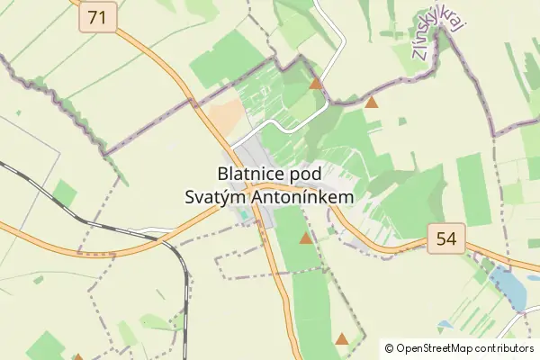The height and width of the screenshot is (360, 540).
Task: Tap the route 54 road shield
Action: tap(445, 238)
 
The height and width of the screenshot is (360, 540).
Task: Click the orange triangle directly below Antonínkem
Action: tap(306, 238)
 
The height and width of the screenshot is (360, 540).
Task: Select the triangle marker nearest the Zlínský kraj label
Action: tap(372, 103)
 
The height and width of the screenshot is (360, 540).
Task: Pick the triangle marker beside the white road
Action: tap(315, 84)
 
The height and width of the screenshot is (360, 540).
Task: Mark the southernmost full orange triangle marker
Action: tap(341, 339)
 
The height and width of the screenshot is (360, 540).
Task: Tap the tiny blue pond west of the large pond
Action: tap(445, 324)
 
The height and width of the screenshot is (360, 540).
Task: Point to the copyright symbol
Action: tap(390, 347)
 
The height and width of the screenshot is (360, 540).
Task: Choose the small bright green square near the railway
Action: tap(64, 193)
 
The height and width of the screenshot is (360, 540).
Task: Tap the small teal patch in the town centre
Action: tap(246, 216)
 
